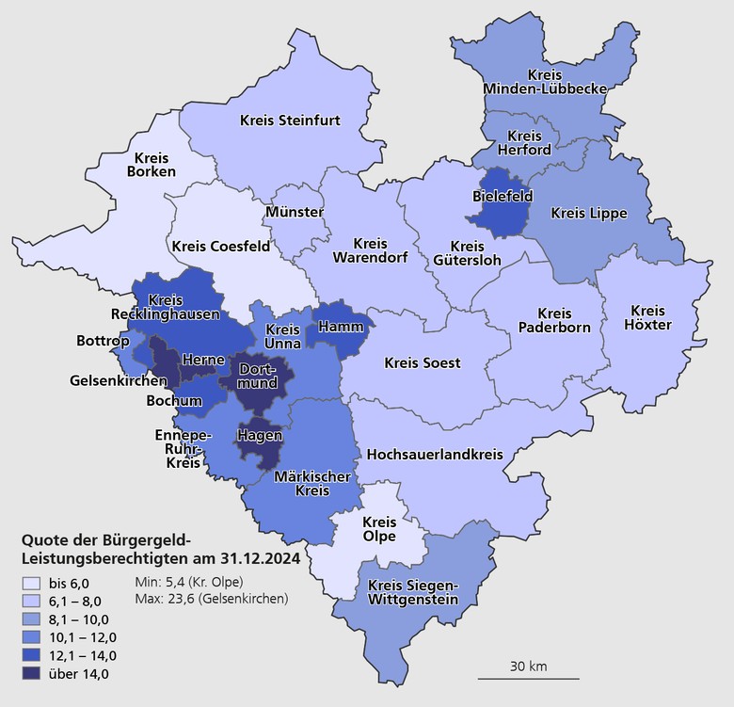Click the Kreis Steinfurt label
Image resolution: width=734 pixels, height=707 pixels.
pyautogui.click(x=290, y=121)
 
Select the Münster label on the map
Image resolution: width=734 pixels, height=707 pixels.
pyautogui.click(x=295, y=212)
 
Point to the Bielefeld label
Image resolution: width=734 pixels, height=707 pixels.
pyautogui.click(x=502, y=196)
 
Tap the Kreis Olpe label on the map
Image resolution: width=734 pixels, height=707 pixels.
pyautogui.click(x=379, y=529)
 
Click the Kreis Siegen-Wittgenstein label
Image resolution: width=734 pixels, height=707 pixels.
pyautogui.click(x=413, y=593)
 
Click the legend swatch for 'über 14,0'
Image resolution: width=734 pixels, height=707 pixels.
pyautogui.click(x=32, y=673)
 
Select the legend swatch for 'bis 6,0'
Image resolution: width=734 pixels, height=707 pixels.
pyautogui.click(x=32, y=584)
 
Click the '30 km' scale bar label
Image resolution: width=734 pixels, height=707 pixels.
pyautogui.click(x=528, y=667)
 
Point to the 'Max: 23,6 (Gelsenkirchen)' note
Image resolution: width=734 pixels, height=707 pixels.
pyautogui.click(x=212, y=599)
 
